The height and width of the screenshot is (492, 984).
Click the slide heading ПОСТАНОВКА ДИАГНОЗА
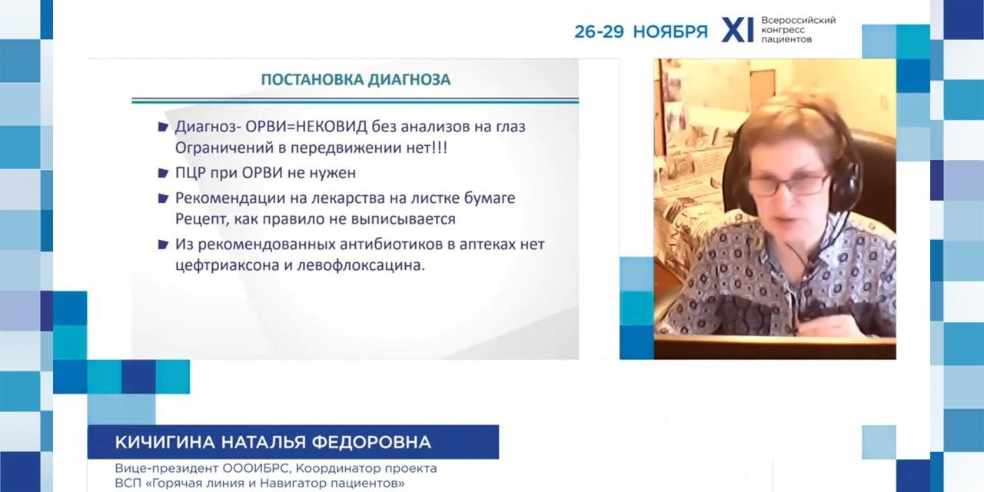click(355, 80)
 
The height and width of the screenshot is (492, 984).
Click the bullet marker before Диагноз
click(162, 127)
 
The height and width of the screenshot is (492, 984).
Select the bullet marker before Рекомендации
click(162, 198)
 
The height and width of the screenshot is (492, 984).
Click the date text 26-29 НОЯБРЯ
click(640, 32)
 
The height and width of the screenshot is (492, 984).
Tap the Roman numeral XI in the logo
click(736, 31)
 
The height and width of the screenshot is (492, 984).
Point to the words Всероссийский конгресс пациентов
click(797, 29)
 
